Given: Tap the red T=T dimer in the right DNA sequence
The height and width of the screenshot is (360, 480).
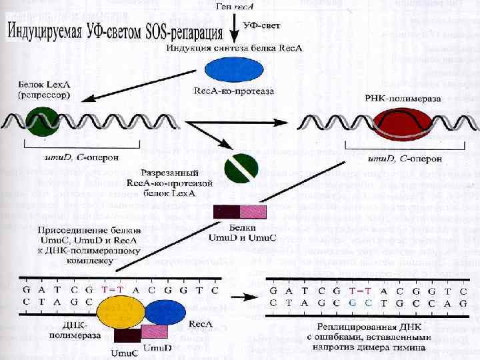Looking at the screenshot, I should pyautogui.click(x=360, y=292).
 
